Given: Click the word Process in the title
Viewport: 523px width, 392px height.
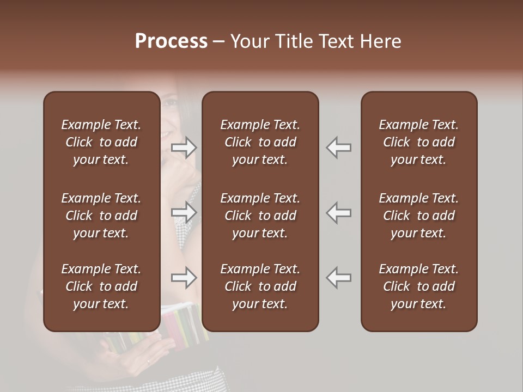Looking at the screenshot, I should coord(171,41).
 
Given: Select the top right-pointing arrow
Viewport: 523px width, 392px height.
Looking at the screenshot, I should coord(184,148).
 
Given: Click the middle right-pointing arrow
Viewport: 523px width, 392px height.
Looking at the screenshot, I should coord(184,212).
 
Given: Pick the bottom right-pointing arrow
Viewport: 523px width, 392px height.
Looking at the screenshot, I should coord(184,278).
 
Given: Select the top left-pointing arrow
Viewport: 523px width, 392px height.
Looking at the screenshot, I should coord(338,148).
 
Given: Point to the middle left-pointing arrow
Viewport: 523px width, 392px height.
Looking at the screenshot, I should coord(338,212).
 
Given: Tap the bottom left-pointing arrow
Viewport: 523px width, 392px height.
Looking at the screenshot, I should coord(338,278).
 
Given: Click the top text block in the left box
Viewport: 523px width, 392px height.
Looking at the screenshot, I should coord(101,142).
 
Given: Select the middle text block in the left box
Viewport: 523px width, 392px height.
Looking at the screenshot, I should coord(101,216).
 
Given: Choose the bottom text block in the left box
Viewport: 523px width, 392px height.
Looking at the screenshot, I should coord(101,286).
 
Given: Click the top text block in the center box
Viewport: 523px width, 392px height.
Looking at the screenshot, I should coord(260,142).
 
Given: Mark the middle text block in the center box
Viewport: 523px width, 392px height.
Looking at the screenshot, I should coord(260,216).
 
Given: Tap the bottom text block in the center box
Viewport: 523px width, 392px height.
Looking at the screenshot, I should coord(260,286).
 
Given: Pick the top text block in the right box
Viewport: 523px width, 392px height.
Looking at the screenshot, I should coord(419,142).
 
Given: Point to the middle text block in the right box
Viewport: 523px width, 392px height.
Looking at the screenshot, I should coord(419,216).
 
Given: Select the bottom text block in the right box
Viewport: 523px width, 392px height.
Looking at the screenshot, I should coord(419,286).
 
